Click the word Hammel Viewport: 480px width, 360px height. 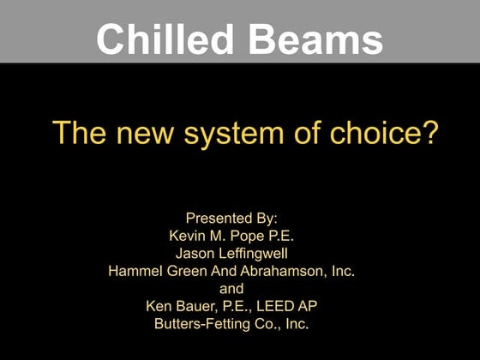pyautogui.click(x=134, y=271)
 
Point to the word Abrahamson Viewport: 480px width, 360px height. pyautogui.click(x=284, y=271)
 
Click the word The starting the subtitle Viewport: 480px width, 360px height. pyautogui.click(x=79, y=134)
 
